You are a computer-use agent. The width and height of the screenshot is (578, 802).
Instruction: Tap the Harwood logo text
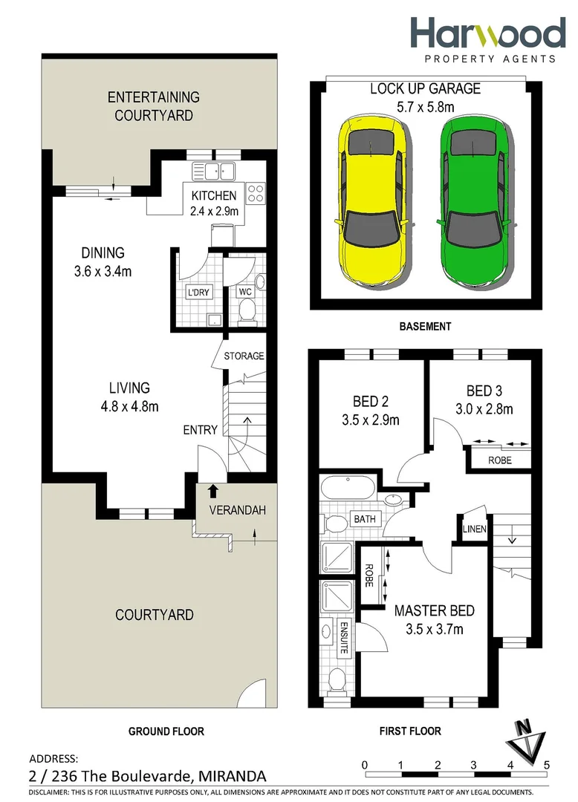[487, 34]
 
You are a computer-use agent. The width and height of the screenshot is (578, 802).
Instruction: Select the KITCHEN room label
[214, 196]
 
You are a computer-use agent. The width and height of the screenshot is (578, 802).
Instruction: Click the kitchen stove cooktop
[256, 193]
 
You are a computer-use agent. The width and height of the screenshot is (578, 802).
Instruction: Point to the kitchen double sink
[213, 172]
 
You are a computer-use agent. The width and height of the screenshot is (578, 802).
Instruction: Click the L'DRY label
[199, 293]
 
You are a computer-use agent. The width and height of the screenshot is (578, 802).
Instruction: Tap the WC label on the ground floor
[244, 293]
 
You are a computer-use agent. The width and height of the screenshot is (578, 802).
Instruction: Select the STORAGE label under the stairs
[244, 356]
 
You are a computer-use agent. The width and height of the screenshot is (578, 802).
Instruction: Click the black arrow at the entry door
[213, 491]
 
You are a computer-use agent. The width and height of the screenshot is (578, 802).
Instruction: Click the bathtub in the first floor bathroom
[348, 489]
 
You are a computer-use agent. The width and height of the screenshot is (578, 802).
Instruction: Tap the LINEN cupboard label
[474, 529]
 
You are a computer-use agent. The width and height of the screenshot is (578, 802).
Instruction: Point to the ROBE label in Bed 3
[499, 460]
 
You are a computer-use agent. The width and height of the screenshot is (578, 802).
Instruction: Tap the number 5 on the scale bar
[546, 764]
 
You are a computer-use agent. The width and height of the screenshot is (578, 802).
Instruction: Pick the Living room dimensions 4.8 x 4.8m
[129, 405]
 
